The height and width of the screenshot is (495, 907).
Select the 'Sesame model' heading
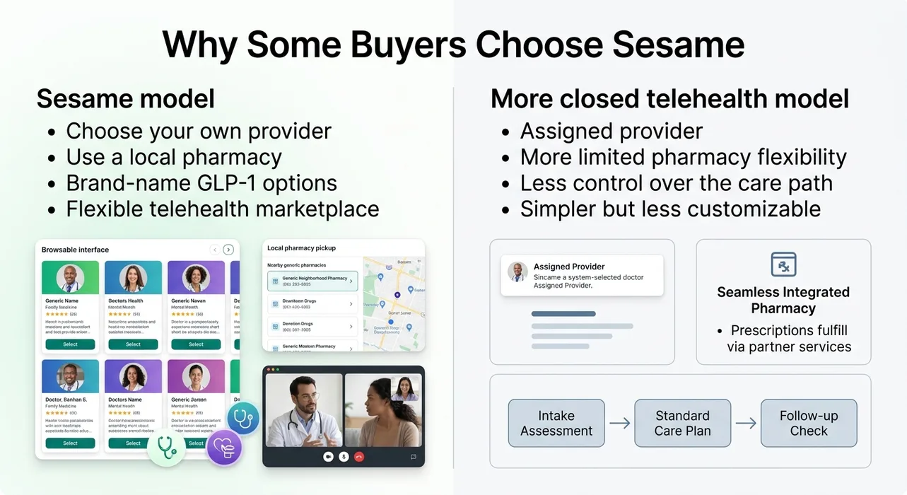tap(125, 99)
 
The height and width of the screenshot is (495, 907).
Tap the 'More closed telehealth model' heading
tap(669, 99)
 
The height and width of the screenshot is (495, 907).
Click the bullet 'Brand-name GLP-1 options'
tap(201, 183)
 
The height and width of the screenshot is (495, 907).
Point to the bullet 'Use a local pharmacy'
tap(174, 157)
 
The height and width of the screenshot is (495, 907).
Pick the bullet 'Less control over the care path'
tap(676, 183)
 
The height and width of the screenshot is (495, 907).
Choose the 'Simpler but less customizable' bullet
tap(670, 209)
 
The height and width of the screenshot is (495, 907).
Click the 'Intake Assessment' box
tap(556, 423)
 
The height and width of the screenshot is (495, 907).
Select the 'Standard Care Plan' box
tap(682, 423)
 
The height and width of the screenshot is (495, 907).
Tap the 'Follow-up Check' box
tap(808, 423)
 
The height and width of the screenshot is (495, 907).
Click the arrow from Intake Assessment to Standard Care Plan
tap(619, 424)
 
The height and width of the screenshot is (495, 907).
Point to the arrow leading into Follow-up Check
tap(745, 424)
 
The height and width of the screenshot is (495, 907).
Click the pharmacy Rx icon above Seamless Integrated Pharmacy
tap(783, 264)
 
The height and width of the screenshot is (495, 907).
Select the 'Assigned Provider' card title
tap(569, 267)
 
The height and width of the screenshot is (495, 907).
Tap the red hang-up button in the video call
tap(359, 457)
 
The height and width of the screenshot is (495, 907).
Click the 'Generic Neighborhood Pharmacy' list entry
tap(312, 281)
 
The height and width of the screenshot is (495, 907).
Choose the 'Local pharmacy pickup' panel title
tap(301, 248)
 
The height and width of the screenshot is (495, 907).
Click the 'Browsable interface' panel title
tap(75, 250)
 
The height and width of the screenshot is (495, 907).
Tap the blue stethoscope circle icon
tap(243, 419)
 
